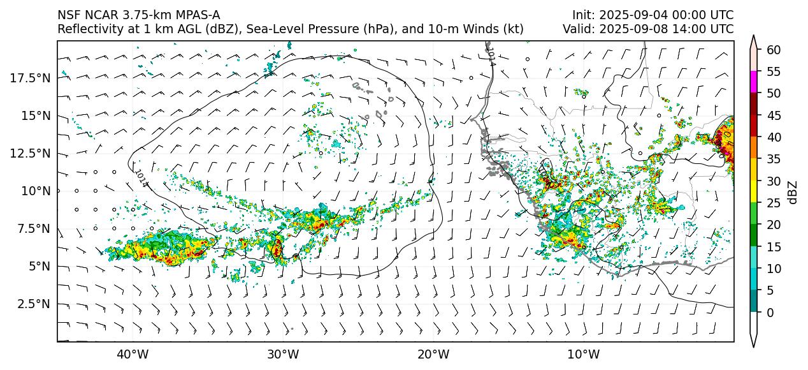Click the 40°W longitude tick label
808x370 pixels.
pyautogui.click(x=133, y=354)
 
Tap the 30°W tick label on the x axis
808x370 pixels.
pyautogui.click(x=283, y=354)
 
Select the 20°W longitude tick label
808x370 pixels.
pyautogui.click(x=433, y=354)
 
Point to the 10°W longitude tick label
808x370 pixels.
pyautogui.click(x=583, y=354)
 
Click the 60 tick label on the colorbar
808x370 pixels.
pyautogui.click(x=773, y=50)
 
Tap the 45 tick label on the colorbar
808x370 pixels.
pyautogui.click(x=773, y=115)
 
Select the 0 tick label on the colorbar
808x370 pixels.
pyautogui.click(x=770, y=313)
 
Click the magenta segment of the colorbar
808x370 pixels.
pyautogui.click(x=754, y=82)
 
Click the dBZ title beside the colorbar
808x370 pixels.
pyautogui.click(x=793, y=192)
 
